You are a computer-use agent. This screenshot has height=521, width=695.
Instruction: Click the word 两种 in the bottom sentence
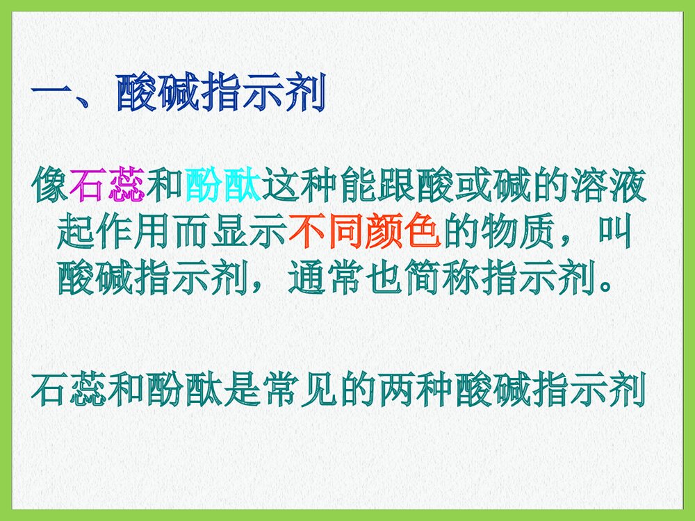(x=416, y=391)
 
